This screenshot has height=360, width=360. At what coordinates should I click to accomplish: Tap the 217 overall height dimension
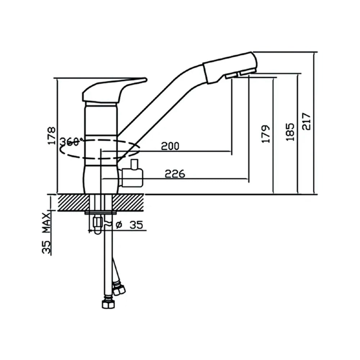pos(306,121)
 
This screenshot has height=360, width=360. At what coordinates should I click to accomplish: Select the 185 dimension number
pos(290,132)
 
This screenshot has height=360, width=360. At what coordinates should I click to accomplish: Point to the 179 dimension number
pos(266,134)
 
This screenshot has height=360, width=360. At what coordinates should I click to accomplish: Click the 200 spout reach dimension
pos(170,146)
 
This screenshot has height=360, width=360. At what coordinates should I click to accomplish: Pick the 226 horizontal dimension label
pos(175,174)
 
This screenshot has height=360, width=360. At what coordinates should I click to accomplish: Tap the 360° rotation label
pos(71,141)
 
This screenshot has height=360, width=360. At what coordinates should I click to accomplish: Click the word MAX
pos(46,222)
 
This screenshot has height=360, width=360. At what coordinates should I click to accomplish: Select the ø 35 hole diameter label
pos(130,225)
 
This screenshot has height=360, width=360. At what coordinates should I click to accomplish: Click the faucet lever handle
pos(110,91)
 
